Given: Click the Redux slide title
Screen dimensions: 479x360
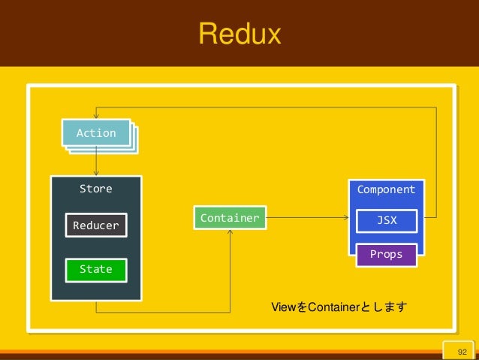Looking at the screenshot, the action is [239, 33].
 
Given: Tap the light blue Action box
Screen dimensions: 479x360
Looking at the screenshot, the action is [96, 132].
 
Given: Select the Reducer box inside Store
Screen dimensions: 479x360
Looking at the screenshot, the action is [96, 225].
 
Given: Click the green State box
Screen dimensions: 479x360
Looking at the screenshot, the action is [96, 270].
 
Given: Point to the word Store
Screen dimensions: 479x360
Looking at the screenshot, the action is [96, 189].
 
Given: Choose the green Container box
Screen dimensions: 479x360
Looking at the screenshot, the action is [230, 218].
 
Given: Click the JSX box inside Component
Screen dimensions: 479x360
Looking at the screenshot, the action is [387, 221].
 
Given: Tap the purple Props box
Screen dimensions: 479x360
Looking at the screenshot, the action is [387, 255].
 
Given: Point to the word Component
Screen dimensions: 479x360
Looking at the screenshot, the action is [387, 189].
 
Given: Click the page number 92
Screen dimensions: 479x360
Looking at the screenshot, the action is [462, 352].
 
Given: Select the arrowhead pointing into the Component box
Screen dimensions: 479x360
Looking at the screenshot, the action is [346, 218].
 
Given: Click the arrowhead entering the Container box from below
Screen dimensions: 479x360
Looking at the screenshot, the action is [230, 232].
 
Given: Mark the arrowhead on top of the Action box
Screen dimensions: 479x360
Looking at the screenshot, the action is [96, 116].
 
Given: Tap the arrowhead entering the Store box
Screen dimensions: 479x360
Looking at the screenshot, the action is [96, 173].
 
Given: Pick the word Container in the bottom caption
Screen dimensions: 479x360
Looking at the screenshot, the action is [334, 307].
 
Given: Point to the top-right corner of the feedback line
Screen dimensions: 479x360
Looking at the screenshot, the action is [436, 107].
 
